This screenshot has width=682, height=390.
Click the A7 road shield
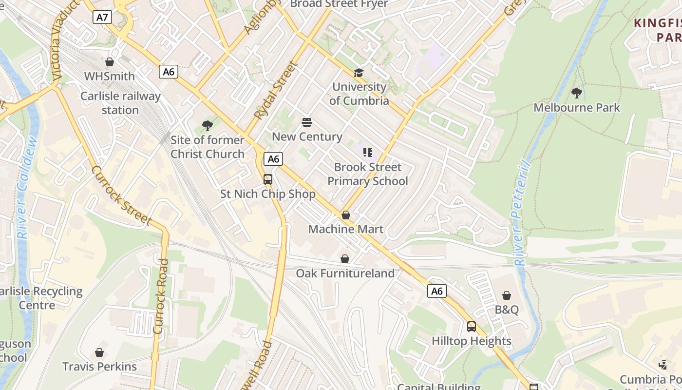coord(102,18)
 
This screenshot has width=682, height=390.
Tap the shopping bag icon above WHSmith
coord(110,62)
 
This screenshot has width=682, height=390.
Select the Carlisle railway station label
coord(120,103)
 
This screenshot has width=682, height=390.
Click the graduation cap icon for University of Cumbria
coord(359,73)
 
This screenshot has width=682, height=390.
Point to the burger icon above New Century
coord(306,122)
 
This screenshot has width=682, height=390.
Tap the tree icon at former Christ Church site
coord(208,126)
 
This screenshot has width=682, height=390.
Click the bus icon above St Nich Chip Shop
coord(268,179)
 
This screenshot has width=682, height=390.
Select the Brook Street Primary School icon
coord(368,153)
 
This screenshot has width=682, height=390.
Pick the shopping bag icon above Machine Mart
coord(346,214)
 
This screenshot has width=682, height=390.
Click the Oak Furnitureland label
coord(345,273)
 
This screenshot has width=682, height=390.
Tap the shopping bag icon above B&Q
coord(507,295)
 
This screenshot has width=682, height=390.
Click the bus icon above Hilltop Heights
coord(471,326)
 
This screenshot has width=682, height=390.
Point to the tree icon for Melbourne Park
coord(577,93)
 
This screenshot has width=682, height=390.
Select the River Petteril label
coord(521,212)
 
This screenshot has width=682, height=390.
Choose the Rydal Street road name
coord(276,91)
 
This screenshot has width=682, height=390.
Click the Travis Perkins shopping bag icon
coord(99,352)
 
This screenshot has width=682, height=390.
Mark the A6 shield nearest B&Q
coord(437,291)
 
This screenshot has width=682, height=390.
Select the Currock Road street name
coord(161,296)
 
